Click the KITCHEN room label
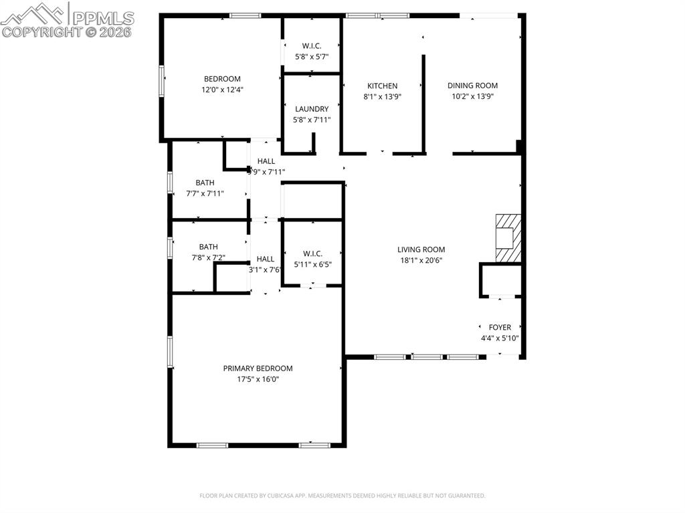(382, 86)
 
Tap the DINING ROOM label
(472, 86)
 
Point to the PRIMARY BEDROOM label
(258, 369)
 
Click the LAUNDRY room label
(312, 109)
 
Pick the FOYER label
(500, 327)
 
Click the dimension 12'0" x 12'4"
(222, 90)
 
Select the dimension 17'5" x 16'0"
(258, 379)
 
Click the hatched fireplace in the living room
(506, 239)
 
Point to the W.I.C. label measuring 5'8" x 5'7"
(312, 46)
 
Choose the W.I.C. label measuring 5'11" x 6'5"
(312, 253)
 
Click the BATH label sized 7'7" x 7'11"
(205, 183)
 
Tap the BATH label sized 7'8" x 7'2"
(208, 247)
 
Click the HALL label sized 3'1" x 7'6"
(265, 259)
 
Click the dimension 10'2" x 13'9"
(472, 96)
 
